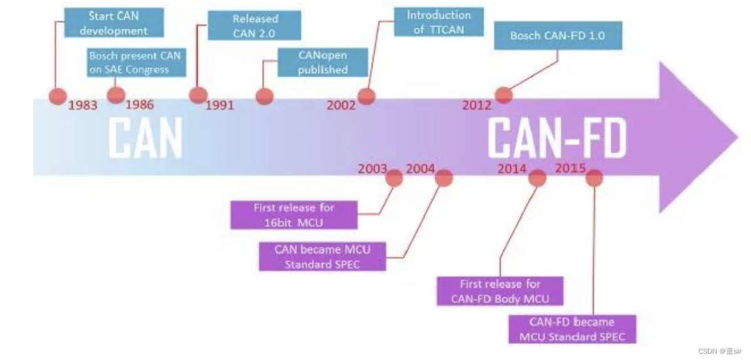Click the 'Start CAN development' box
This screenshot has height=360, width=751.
(x=114, y=22)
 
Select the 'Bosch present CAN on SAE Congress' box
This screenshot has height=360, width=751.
(x=134, y=62)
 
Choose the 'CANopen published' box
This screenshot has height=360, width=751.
(x=322, y=63)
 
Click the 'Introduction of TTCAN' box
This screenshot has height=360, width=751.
(x=438, y=22)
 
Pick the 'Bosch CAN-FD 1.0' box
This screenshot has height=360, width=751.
(x=557, y=36)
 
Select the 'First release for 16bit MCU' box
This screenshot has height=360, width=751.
(x=294, y=214)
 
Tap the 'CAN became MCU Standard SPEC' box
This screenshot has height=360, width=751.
(x=322, y=257)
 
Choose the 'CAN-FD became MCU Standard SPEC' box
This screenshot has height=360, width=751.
(x=571, y=329)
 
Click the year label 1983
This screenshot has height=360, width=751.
(x=83, y=105)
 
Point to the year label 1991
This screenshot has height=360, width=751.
(x=219, y=105)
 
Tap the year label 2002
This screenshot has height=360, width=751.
(x=340, y=105)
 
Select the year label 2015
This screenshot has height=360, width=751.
(x=570, y=169)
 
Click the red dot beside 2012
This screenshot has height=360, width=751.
(x=503, y=95)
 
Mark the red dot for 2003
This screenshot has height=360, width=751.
(x=394, y=177)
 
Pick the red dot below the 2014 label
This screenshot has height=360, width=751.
(x=537, y=177)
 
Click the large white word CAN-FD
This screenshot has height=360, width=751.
(x=557, y=137)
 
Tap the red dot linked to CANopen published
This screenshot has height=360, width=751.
(x=265, y=96)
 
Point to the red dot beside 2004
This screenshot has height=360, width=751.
(x=444, y=177)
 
